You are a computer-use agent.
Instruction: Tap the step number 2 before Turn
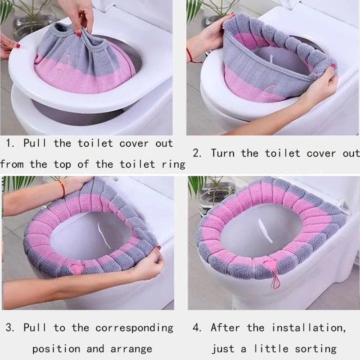pyautogui.click(x=196, y=153)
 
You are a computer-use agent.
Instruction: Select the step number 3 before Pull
pyautogui.click(x=9, y=327)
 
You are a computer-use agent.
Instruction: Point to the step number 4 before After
pyautogui.click(x=197, y=327)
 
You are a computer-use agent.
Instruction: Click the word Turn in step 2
pyautogui.click(x=224, y=153)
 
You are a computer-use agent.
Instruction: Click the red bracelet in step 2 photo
pyautogui.click(x=189, y=56)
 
